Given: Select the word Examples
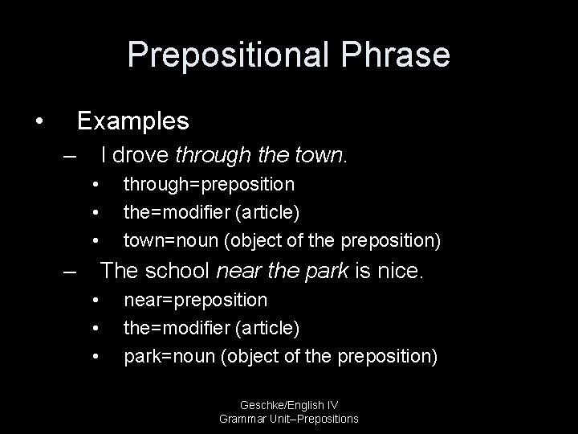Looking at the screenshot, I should click(132, 121).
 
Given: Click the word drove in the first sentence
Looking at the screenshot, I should click(141, 154).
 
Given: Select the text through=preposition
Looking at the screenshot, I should click(208, 185).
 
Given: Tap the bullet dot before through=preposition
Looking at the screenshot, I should click(96, 185).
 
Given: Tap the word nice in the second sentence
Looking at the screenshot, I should click(397, 271).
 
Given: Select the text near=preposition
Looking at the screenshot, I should click(195, 301).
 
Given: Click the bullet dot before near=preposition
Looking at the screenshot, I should click(96, 301).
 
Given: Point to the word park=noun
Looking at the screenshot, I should click(167, 355).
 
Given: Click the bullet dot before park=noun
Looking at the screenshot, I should click(96, 355).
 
